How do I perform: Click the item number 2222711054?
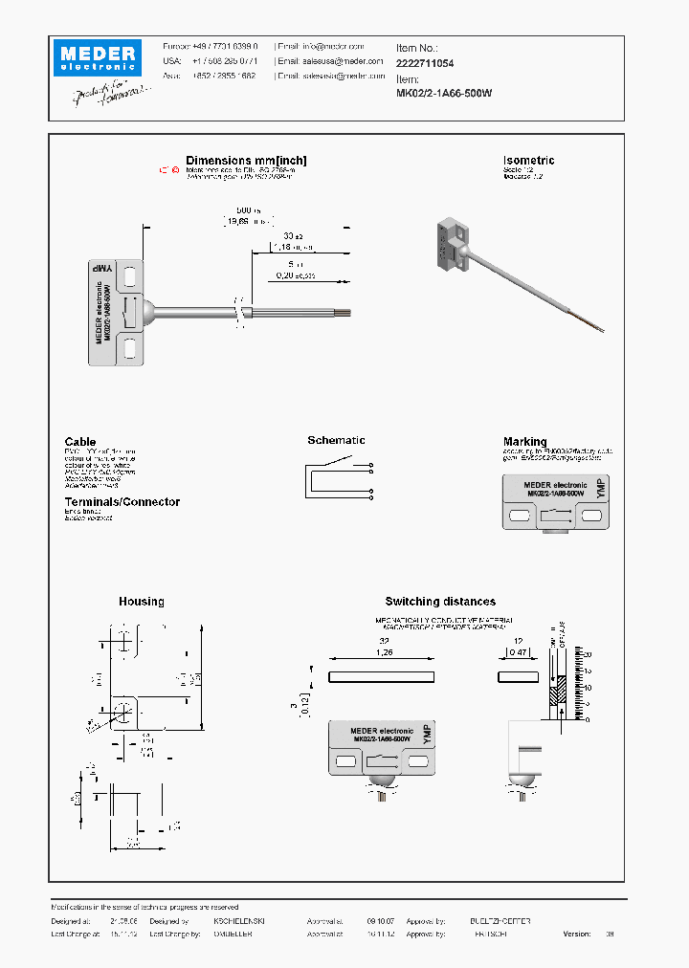click(425, 62)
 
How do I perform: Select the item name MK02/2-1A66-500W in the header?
click(444, 94)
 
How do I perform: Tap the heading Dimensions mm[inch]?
click(246, 161)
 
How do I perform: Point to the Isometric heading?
click(528, 161)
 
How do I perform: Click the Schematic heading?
click(336, 440)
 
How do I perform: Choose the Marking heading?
click(524, 442)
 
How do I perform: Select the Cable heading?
click(80, 442)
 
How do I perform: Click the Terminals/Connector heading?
click(122, 502)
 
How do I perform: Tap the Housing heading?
click(141, 602)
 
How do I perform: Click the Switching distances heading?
click(440, 602)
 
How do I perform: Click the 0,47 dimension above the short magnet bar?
click(518, 654)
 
